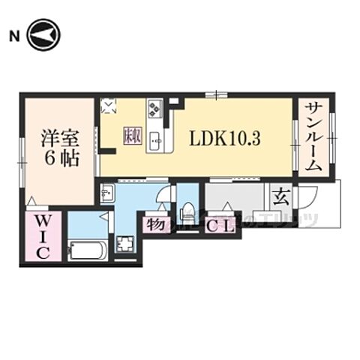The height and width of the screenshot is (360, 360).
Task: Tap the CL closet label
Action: [x=220, y=223]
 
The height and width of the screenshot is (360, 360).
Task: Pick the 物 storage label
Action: [x=156, y=223]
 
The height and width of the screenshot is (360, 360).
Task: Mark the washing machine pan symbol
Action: [x=124, y=245]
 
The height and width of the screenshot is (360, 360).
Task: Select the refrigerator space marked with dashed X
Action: [x=109, y=106]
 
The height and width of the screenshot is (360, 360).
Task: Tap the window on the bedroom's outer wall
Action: [x=23, y=154]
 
